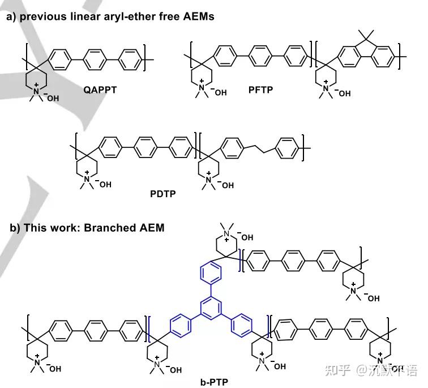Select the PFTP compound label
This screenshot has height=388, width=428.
point(260,88)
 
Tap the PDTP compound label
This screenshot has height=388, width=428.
point(163,194)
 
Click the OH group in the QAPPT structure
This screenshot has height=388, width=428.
point(52,98)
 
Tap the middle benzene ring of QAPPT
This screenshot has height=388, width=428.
point(93,57)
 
